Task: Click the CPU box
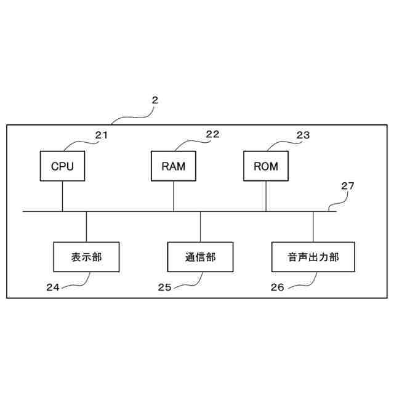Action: click(x=62, y=166)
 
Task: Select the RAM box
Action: click(x=173, y=166)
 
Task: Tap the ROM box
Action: click(x=266, y=166)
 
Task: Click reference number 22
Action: click(x=212, y=135)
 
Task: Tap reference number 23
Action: click(x=304, y=135)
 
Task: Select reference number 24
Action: click(x=53, y=286)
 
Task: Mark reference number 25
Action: click(x=164, y=286)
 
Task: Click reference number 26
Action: click(x=278, y=286)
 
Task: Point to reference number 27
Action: click(x=348, y=185)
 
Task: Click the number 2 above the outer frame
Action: click(x=155, y=100)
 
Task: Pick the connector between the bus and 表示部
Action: click(x=86, y=227)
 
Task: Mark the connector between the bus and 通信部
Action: click(x=200, y=227)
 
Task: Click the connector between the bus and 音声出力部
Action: click(x=313, y=227)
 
